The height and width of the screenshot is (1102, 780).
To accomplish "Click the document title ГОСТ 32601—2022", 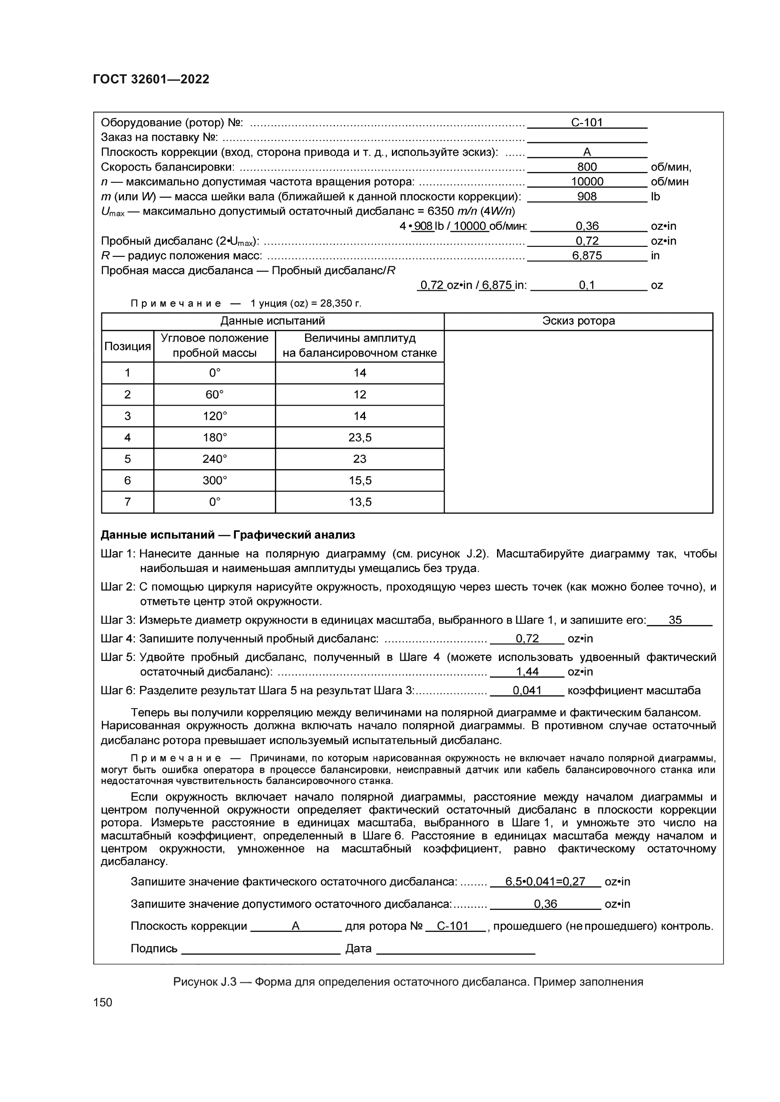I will [151, 79].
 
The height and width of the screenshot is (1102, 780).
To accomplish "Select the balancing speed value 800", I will [587, 167].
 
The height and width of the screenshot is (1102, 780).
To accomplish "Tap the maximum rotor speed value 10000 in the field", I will [587, 182].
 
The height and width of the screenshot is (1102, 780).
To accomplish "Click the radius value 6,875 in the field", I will [587, 256].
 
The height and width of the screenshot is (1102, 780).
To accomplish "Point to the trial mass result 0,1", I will [587, 286].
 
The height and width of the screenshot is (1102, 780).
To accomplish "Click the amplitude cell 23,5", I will [360, 438].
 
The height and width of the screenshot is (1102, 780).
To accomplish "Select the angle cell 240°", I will [214, 459].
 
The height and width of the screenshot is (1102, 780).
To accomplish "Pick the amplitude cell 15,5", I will [360, 481].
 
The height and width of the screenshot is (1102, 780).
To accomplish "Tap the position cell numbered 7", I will [127, 502].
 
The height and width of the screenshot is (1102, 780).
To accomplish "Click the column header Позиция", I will [127, 347].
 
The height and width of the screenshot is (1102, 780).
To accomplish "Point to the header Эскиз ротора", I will [578, 321].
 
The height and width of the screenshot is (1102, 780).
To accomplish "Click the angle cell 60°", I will [214, 394].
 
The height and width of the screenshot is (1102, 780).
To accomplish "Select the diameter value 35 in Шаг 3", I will [675, 620].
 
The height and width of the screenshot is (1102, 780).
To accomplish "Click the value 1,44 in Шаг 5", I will [527, 671].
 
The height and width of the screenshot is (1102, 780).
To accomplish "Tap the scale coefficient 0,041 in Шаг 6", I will [527, 691].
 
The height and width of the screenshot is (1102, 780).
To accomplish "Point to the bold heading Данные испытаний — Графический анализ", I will [228, 535].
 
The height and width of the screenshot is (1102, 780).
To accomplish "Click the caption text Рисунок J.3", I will [205, 982].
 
